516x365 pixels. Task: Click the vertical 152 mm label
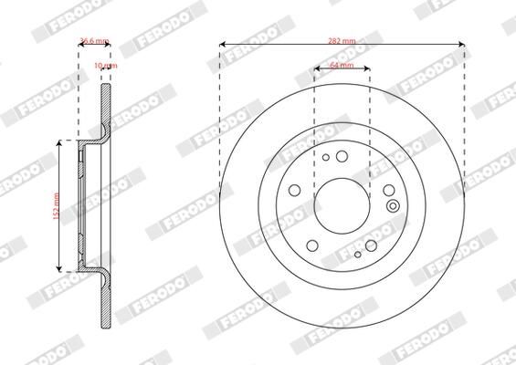55,205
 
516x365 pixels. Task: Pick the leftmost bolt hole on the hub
294,190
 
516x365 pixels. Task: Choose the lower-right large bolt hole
371,244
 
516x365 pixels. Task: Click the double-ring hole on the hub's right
393,205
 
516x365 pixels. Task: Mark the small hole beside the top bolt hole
325,157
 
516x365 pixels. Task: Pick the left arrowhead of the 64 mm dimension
317,68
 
